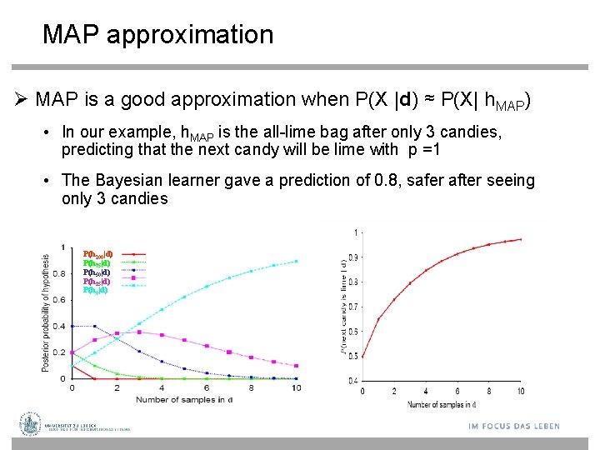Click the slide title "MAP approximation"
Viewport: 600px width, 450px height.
(x=157, y=35)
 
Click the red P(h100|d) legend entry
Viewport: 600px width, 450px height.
(x=98, y=253)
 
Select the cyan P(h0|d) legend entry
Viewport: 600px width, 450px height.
(x=95, y=290)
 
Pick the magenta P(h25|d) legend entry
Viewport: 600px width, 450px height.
(x=97, y=281)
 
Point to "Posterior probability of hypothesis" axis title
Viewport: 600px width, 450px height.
(x=47, y=308)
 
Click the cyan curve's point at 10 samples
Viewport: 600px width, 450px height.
(x=297, y=261)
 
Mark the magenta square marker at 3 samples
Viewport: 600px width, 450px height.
(x=139, y=332)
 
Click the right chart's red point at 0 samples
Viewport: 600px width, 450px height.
(x=362, y=357)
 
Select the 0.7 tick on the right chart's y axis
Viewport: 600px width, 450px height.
(x=354, y=307)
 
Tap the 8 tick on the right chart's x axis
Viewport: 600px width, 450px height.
(x=489, y=392)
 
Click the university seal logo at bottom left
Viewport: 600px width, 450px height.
(x=31, y=424)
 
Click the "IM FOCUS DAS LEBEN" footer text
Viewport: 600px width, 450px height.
(x=513, y=426)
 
